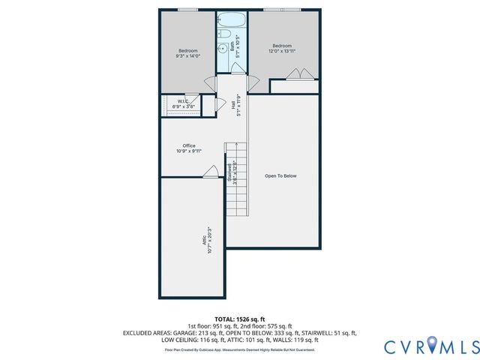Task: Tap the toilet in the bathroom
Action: point(224,34)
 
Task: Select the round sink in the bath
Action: point(223,49)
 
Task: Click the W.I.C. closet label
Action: point(182,101)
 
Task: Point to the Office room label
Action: point(189,145)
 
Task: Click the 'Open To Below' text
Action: point(281,176)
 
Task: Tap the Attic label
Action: point(203,240)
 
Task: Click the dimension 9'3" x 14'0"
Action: point(187,56)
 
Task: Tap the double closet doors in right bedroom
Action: point(299,74)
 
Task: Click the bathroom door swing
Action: point(236,68)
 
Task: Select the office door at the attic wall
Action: point(210,172)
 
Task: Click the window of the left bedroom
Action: point(187,10)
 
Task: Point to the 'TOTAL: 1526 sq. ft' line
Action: point(239,319)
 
